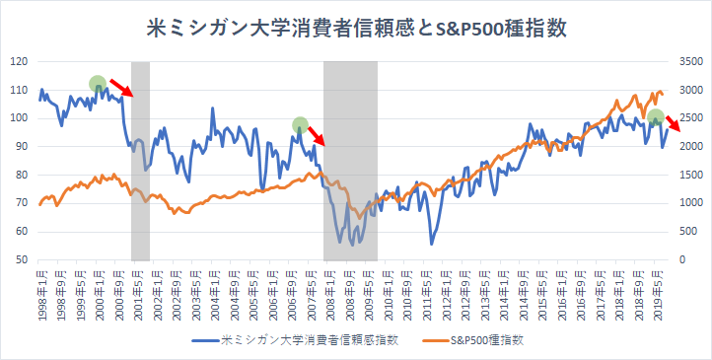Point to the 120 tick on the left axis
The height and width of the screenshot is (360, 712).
tap(19, 61)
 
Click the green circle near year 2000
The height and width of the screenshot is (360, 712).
tap(97, 84)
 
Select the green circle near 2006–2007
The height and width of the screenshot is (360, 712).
tap(301, 125)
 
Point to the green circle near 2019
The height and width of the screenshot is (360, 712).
tap(656, 117)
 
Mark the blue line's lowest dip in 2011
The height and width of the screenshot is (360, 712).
tap(431, 243)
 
